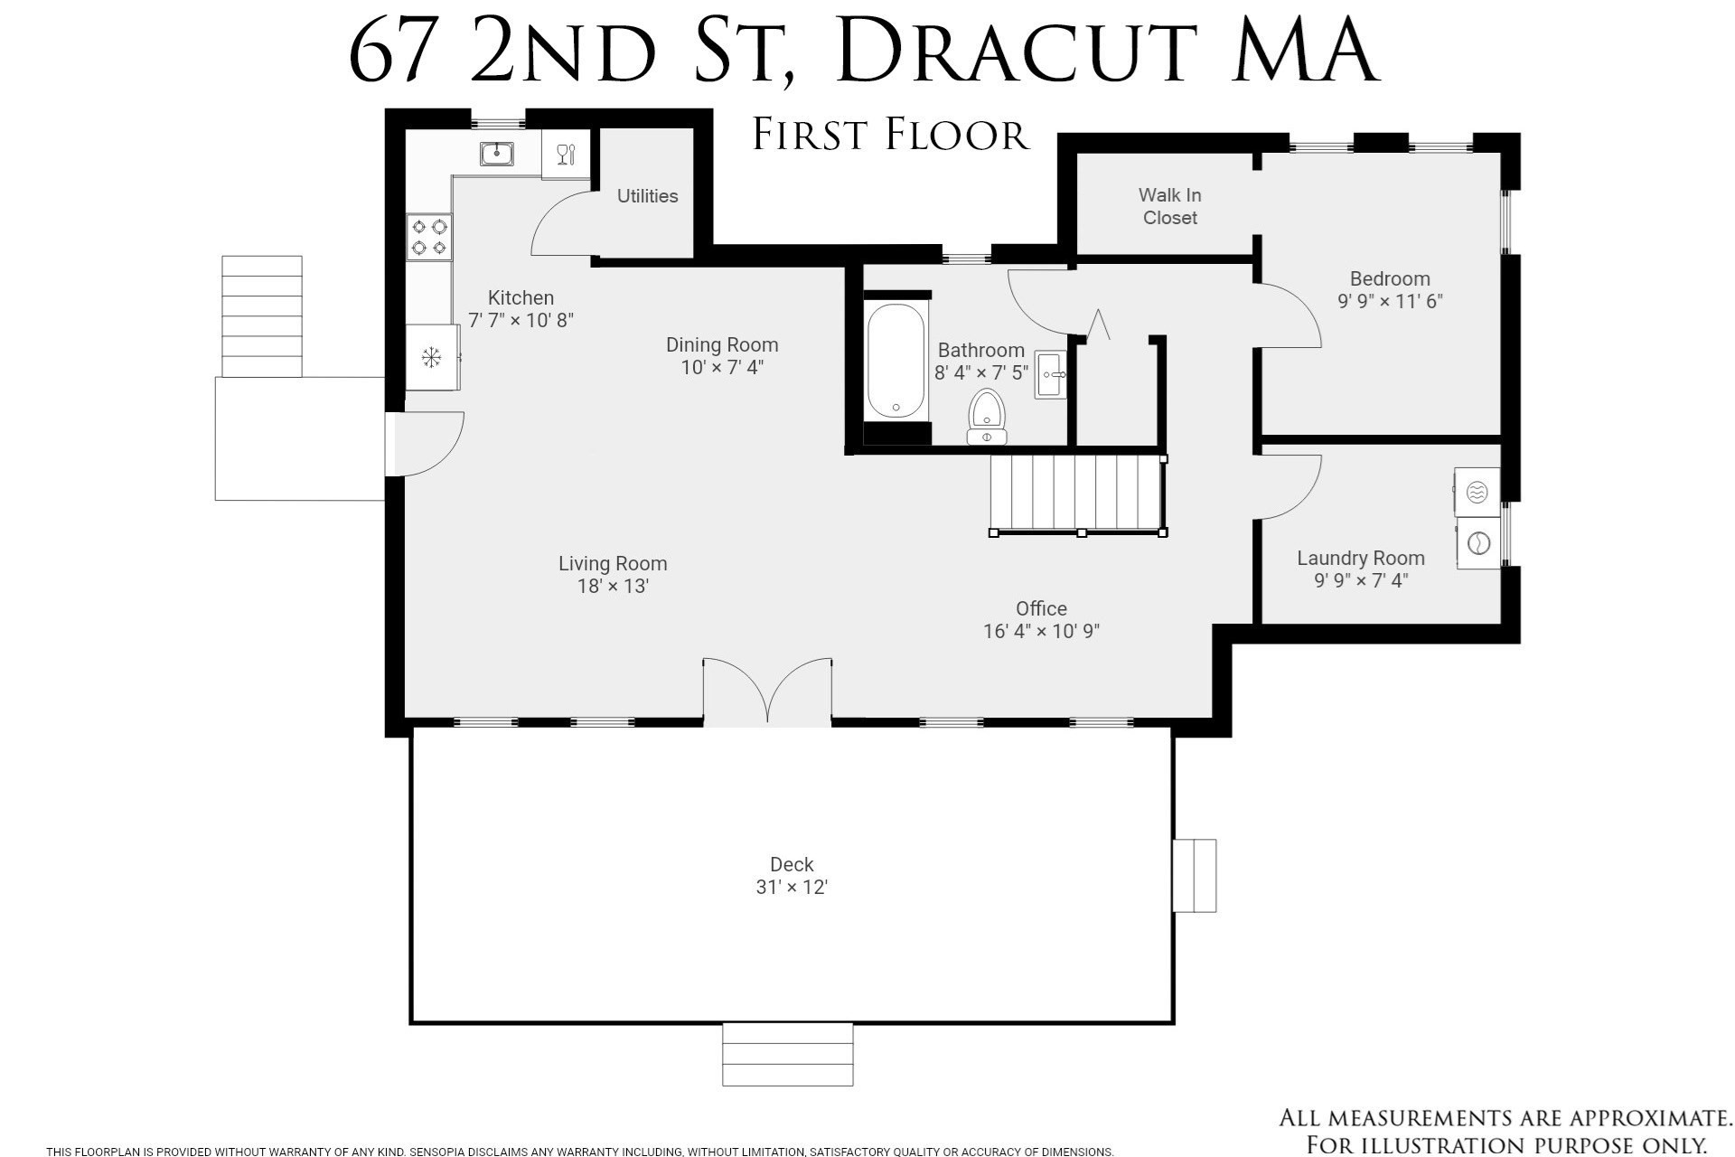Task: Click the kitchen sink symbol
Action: [x=496, y=154]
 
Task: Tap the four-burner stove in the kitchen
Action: [x=429, y=237]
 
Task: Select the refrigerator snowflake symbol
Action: [x=432, y=358]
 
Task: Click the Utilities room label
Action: [x=647, y=196]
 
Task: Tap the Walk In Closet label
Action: [x=1169, y=206]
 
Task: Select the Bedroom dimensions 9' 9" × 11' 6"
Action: [x=1390, y=301]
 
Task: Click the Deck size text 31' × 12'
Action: [x=792, y=888]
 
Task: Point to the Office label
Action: [x=1041, y=608]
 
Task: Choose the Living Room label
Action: [x=613, y=563]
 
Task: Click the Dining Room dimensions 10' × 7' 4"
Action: [x=722, y=367]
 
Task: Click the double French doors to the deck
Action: [x=767, y=692]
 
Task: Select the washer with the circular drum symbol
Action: [x=1478, y=543]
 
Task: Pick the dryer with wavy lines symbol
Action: [x=1477, y=492]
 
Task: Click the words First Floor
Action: [x=890, y=135]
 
